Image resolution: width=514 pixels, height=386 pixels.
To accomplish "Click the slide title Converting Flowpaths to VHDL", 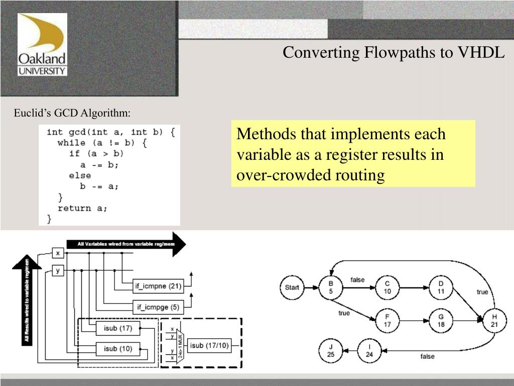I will (x=394, y=52).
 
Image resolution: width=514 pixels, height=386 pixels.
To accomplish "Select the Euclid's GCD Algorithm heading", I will (x=72, y=113).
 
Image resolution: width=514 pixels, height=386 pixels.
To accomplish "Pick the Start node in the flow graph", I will (x=292, y=287).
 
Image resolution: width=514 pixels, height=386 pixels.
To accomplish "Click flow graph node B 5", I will (x=331, y=287).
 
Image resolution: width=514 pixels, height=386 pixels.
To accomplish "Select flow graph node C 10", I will (x=387, y=287).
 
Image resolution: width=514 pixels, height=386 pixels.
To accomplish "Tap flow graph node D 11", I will (x=441, y=287).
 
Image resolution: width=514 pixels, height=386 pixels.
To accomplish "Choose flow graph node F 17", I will (x=387, y=321).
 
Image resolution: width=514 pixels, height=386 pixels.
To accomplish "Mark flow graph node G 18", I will (x=441, y=321).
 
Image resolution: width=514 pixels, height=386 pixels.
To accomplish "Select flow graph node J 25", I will (x=330, y=350).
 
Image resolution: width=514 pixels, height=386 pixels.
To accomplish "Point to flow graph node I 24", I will (x=369, y=350).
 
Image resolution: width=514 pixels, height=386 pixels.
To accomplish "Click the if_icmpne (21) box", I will (x=158, y=287).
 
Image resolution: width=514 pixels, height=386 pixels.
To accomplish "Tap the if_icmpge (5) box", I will (x=158, y=306).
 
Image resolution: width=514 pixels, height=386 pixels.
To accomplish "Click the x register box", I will (x=58, y=253).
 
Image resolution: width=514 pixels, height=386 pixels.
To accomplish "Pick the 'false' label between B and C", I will (x=357, y=280).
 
